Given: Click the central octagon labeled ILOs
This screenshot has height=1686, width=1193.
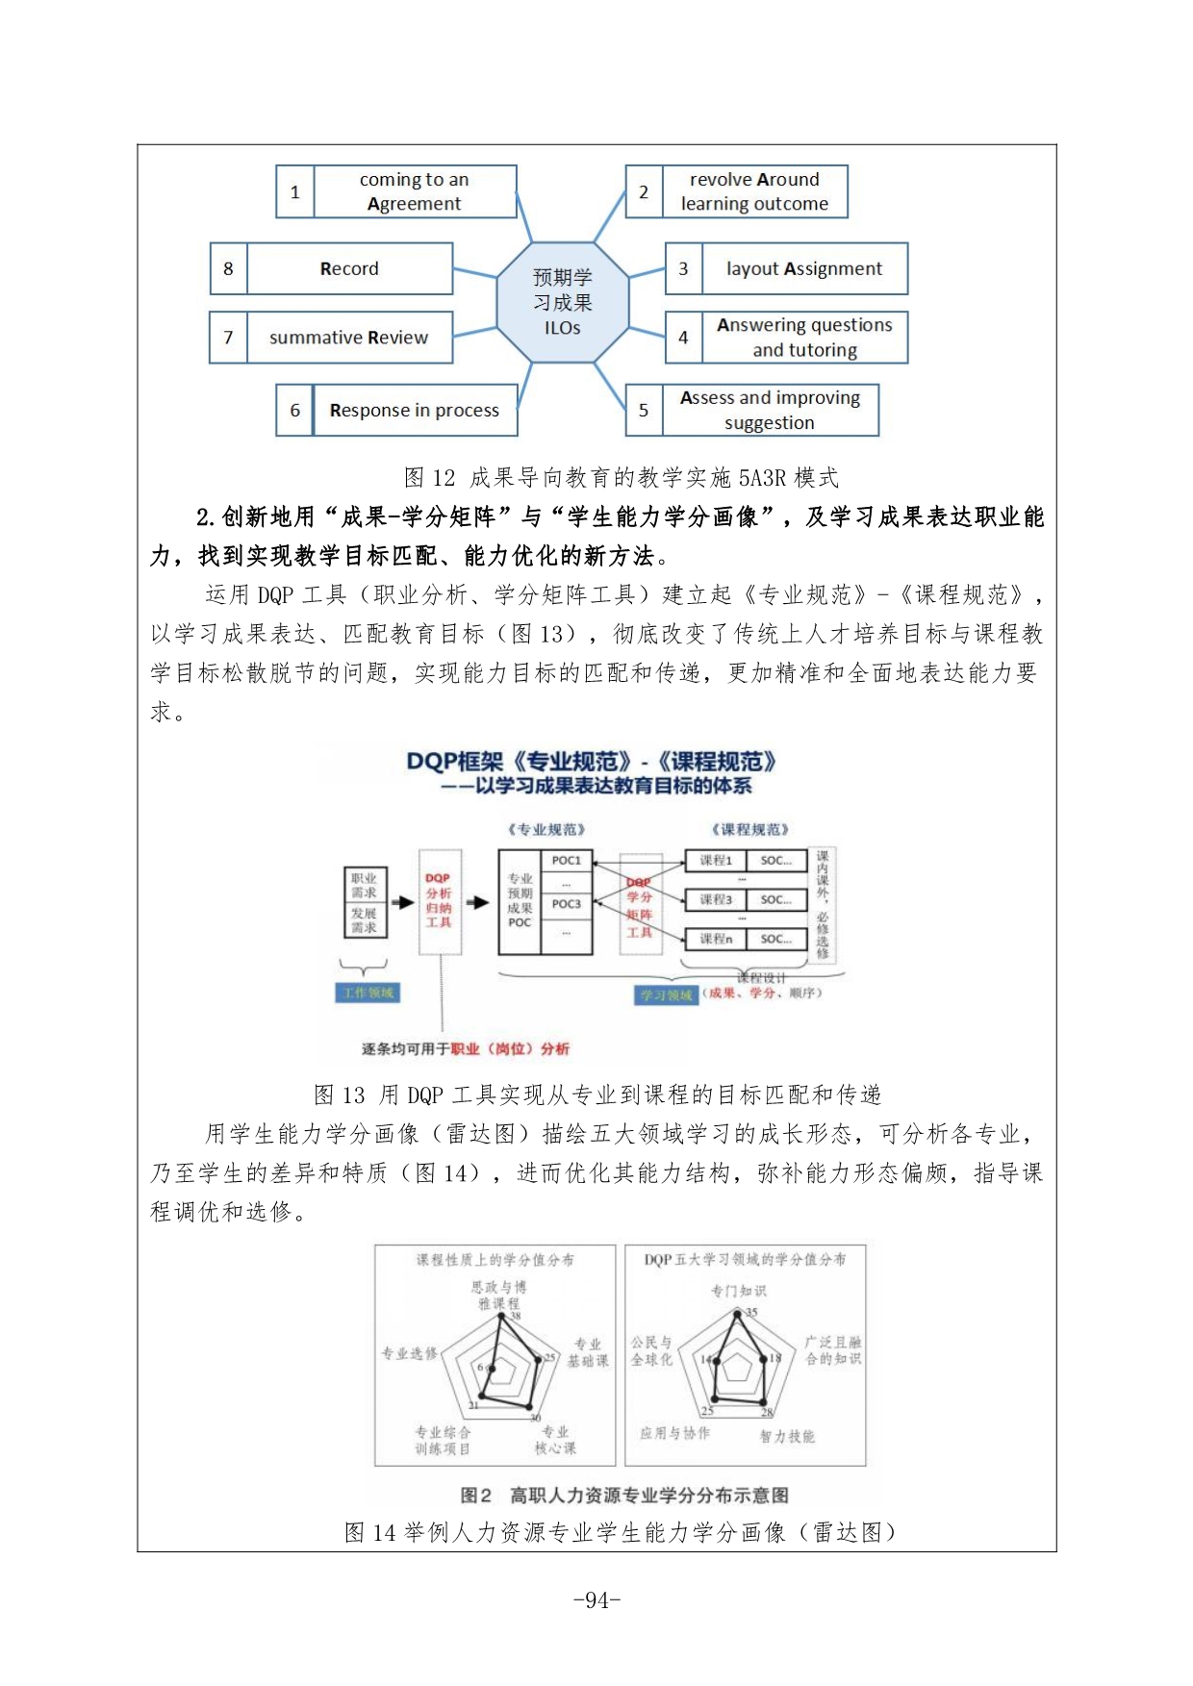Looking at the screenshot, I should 563,302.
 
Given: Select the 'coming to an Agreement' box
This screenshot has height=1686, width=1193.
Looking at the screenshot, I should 414,191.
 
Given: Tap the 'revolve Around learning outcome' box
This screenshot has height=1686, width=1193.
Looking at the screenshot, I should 754,191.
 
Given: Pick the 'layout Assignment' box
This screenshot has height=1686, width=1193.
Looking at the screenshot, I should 803,268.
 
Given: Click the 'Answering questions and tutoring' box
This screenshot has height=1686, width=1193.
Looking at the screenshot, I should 804,338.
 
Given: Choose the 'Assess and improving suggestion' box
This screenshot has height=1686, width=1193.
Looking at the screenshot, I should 770,410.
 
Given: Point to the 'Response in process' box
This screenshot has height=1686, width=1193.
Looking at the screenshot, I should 414,410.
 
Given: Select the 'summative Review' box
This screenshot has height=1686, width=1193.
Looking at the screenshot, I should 348,338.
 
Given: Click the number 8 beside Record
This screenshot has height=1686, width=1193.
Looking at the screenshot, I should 229,268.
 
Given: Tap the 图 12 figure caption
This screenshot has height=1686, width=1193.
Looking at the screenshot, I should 622,477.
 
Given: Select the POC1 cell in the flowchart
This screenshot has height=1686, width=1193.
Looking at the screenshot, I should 566,861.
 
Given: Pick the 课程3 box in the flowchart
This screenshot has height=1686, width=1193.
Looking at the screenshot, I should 715,899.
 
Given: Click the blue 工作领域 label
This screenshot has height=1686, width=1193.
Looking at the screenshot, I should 369,993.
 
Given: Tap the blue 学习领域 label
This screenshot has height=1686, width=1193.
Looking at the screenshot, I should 667,994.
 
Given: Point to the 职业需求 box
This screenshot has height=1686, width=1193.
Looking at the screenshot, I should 364,885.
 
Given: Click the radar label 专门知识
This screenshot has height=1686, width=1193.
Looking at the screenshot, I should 738,1290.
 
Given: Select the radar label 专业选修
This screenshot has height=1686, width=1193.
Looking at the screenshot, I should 409,1353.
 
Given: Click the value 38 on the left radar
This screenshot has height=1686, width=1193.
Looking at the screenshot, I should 516,1316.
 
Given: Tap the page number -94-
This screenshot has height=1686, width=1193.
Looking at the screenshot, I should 596,1600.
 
